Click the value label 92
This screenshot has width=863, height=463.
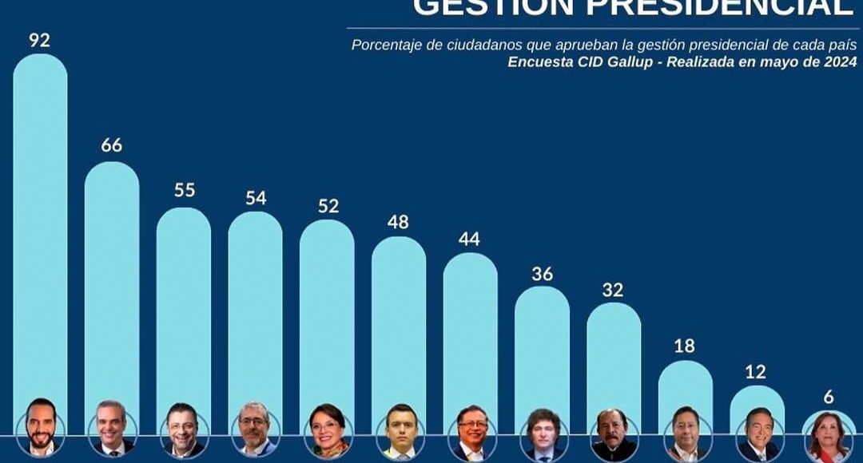[39, 40]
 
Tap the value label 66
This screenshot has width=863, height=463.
[111, 145]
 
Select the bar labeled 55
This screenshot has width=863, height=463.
[183, 303]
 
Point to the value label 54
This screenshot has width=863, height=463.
[256, 198]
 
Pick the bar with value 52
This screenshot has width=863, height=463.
[327, 311]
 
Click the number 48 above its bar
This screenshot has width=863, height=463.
[398, 222]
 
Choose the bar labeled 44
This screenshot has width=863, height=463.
[470, 327]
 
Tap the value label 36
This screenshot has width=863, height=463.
[543, 274]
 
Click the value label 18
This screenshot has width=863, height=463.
[685, 346]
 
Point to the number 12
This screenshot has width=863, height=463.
[756, 371]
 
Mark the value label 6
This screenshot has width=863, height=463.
[829, 397]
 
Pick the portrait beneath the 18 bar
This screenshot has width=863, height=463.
[686, 433]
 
